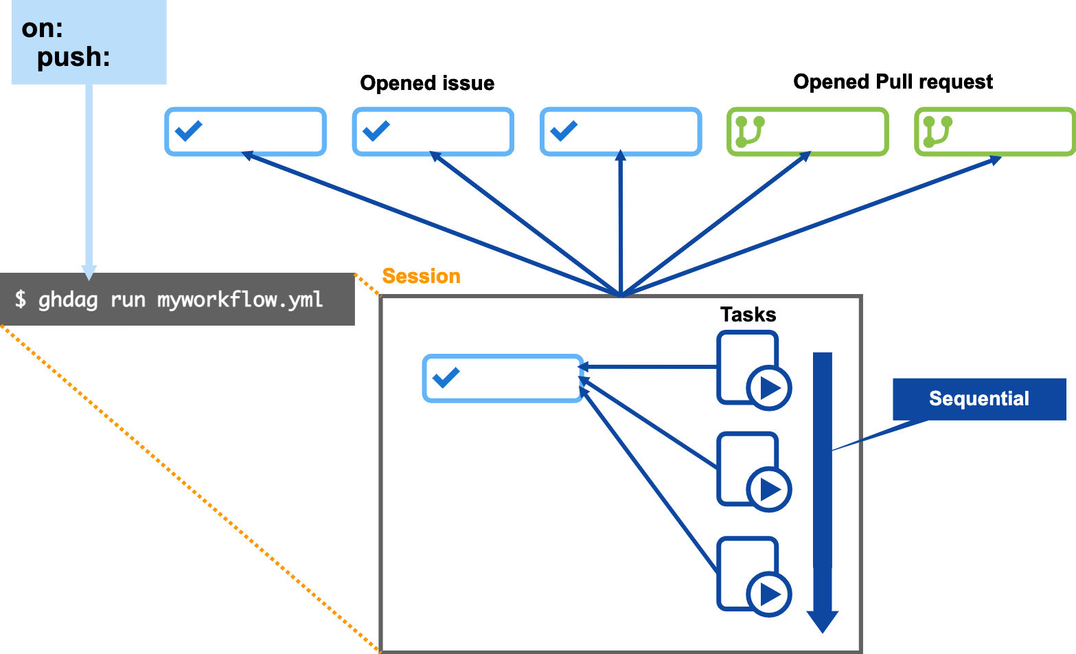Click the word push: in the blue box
pyautogui.click(x=73, y=57)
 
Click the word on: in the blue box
pyautogui.click(x=42, y=28)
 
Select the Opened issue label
pyautogui.click(x=427, y=83)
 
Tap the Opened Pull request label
pyautogui.click(x=893, y=82)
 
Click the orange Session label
pyautogui.click(x=421, y=276)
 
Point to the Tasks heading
pyautogui.click(x=748, y=315)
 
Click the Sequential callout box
pyautogui.click(x=978, y=398)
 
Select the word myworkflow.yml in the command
pyautogui.click(x=240, y=300)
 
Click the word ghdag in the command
pyautogui.click(x=68, y=300)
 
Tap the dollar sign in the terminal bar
pyautogui.click(x=21, y=300)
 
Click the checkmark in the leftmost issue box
pyautogui.click(x=188, y=131)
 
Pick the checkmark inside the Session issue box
pyautogui.click(x=446, y=377)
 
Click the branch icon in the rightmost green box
pyautogui.click(x=937, y=131)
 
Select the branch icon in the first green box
pyautogui.click(x=750, y=131)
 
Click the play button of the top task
pyautogui.click(x=769, y=388)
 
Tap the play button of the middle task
pyautogui.click(x=769, y=490)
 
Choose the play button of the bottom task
pyautogui.click(x=769, y=595)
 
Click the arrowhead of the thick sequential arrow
pyautogui.click(x=822, y=620)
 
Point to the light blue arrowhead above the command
pyautogui.click(x=89, y=272)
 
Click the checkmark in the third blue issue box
pyautogui.click(x=564, y=131)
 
